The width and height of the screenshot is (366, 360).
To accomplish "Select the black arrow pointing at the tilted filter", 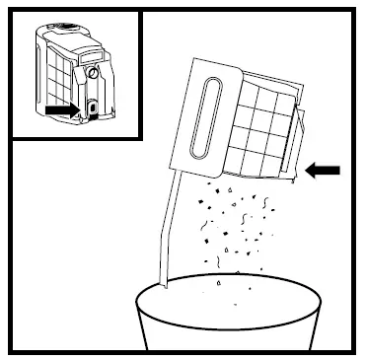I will pos(323,171).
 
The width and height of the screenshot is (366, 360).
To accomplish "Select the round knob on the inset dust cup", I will pos(93,72).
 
